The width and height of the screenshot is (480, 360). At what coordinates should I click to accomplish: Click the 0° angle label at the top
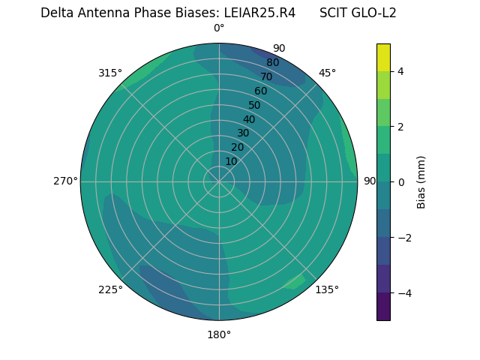coord(219,28)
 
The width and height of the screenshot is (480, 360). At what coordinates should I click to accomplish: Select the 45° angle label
coord(327,73)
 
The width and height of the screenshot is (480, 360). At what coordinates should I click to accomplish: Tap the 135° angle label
coord(327,289)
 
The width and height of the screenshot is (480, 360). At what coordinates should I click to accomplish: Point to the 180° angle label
coord(219,334)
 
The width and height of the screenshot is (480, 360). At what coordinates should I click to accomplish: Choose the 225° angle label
coord(110,289)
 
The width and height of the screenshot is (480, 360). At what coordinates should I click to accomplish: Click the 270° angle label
coord(65,181)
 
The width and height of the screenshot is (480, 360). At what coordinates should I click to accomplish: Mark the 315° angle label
coord(110,73)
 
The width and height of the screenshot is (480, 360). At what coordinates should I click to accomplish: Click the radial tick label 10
coord(231,161)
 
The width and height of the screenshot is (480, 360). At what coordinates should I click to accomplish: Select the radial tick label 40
coord(249,119)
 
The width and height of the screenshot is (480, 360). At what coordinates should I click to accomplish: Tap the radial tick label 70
coord(266,76)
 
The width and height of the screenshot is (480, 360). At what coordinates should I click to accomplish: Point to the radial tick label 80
coord(272,62)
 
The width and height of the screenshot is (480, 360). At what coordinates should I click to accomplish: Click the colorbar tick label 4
coord(400,71)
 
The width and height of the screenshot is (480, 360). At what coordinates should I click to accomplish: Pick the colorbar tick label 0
coord(400,182)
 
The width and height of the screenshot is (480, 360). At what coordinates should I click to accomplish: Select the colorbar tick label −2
coord(403,238)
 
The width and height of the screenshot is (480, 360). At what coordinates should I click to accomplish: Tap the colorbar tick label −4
coord(403,293)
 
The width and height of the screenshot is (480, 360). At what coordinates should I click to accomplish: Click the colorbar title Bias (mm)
coord(421,182)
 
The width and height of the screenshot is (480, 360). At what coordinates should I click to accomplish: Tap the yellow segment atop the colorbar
coord(383,57)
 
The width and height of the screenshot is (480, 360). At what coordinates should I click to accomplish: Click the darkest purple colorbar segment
coord(383,307)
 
